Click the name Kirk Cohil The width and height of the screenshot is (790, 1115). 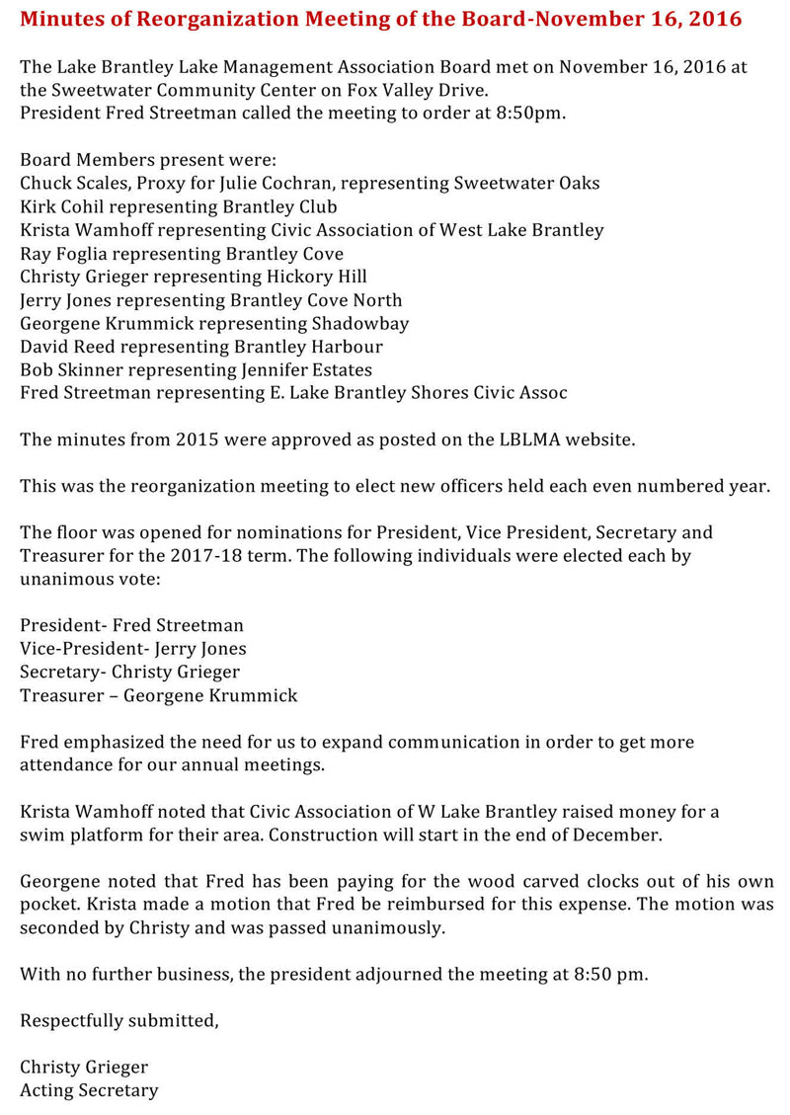point(61,206)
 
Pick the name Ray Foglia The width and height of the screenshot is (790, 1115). point(60,254)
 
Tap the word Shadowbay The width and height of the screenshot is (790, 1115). point(360,324)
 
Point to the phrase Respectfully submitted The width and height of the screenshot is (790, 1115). point(118,1021)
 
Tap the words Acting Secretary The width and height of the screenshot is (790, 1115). point(89,1090)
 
